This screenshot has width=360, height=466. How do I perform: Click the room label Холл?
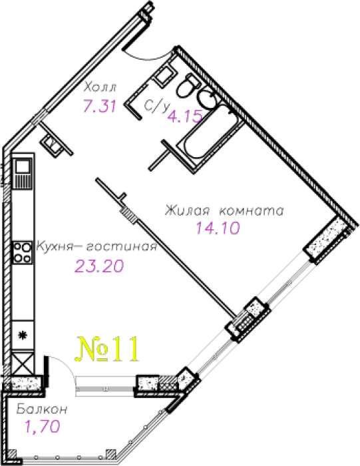100,87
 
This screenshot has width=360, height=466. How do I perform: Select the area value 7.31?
99,106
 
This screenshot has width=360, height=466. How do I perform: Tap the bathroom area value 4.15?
185,116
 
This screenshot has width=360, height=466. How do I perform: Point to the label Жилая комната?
224,210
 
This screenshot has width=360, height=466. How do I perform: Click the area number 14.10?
218,228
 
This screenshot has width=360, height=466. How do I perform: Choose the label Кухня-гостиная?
96,246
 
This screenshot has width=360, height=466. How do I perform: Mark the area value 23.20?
99,266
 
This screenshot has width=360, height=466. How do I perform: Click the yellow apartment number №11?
107,349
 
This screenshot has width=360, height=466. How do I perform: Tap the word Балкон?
42,409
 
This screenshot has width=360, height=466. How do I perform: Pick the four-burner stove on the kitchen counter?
23,252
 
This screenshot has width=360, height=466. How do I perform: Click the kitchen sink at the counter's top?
23,173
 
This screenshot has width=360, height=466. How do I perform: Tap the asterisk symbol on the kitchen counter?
22,336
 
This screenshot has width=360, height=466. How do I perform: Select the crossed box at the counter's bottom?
23,363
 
